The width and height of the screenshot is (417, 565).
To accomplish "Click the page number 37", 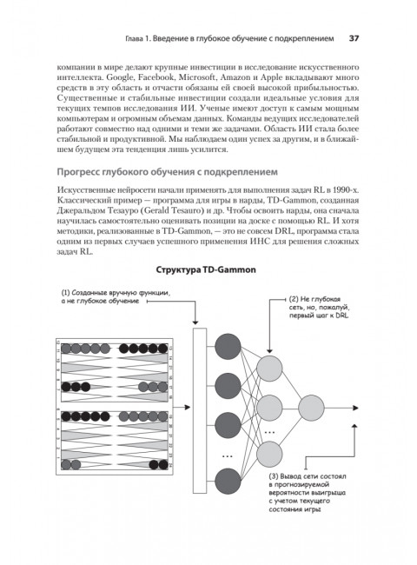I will click(x=355, y=38).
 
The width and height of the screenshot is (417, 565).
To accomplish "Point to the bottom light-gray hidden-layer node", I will click(x=270, y=451).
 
